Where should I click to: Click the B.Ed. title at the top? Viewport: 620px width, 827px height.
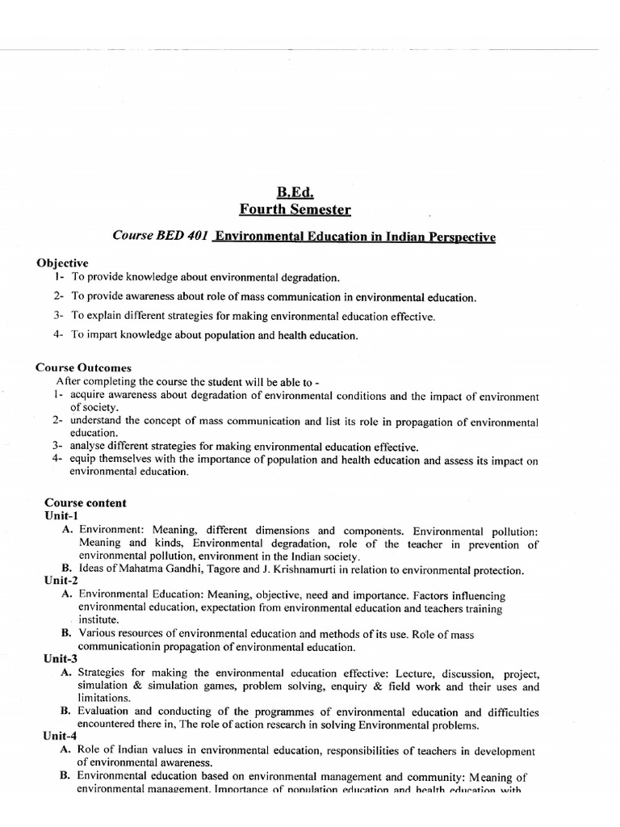pos(295,193)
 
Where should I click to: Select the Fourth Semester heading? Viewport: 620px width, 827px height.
pos(295,210)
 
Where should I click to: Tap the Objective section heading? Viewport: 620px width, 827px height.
pos(62,263)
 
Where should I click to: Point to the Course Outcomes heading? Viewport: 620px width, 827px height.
pos(83,367)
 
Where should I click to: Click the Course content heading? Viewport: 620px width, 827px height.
pos(85,502)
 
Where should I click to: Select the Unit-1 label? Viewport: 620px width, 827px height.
pos(61,515)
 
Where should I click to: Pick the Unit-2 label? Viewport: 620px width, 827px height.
pos(61,581)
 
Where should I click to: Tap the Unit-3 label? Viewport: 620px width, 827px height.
pos(61,659)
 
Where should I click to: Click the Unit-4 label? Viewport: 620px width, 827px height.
pos(61,737)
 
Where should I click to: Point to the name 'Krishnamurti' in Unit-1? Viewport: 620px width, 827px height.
pos(304,570)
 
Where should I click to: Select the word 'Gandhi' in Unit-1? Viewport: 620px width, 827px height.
pos(188,570)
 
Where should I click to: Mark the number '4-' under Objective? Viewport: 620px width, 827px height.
pos(58,334)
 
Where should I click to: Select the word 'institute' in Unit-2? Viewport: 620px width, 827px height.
pos(98,620)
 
